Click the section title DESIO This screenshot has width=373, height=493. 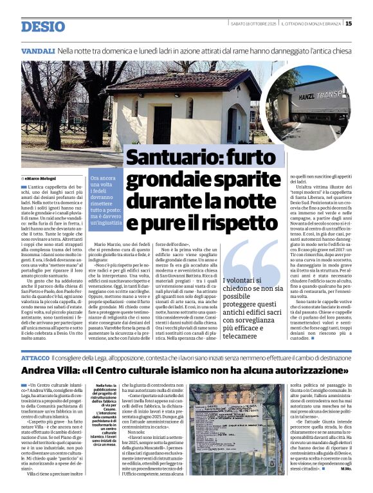tap(43, 26)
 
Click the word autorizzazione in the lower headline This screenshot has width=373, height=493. tap(305, 371)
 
